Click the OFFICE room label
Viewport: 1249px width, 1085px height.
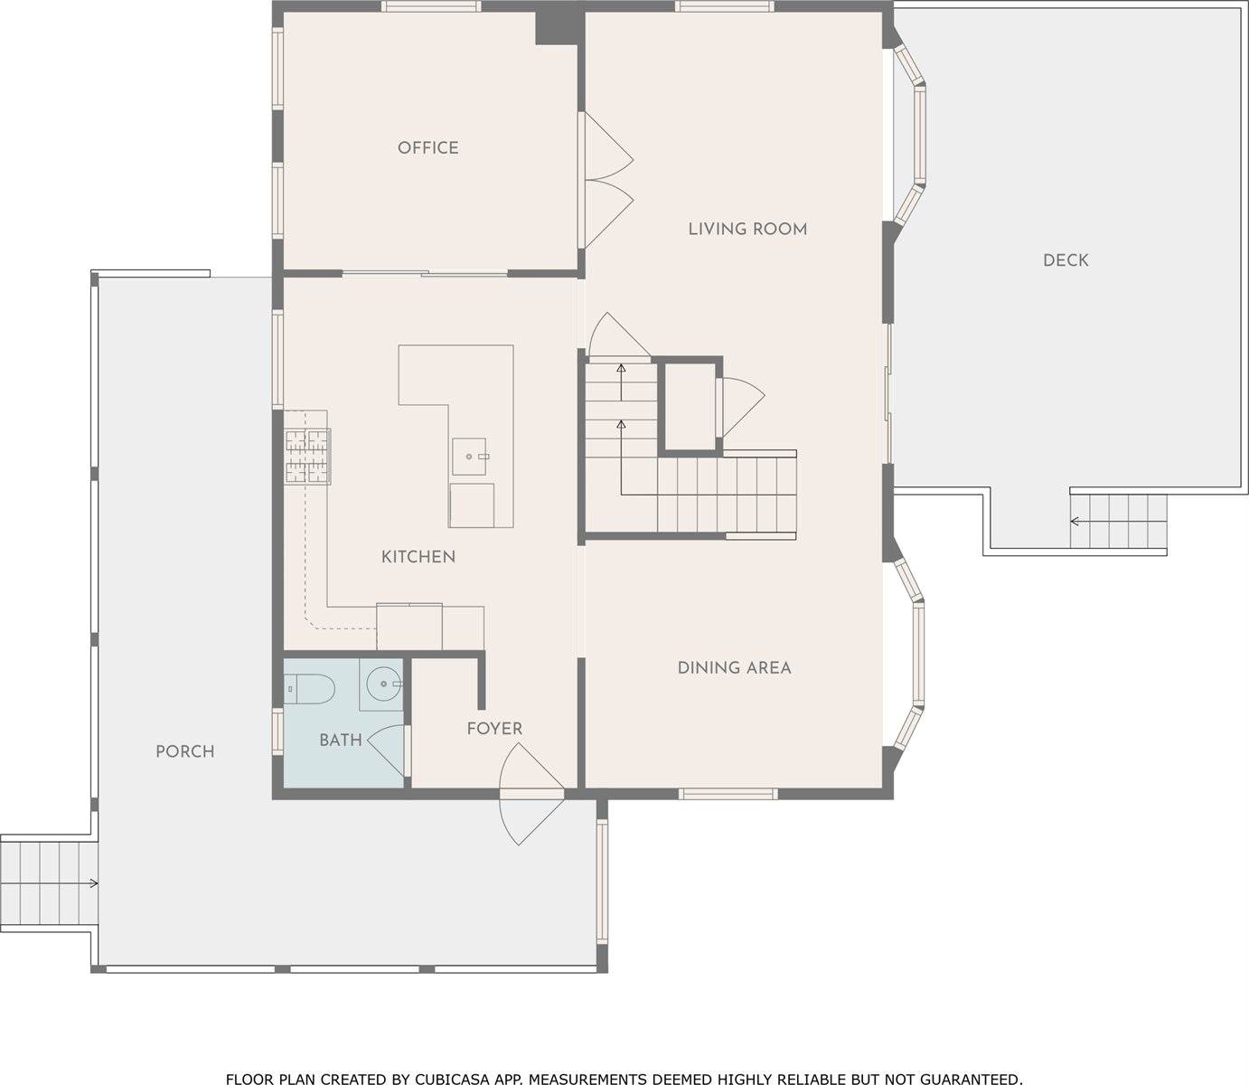click(x=427, y=147)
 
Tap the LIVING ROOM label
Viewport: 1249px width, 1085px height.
click(x=747, y=229)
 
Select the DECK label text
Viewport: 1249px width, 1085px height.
click(x=1066, y=260)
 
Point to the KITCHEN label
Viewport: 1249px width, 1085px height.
click(x=418, y=557)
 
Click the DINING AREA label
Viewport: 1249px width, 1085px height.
click(x=734, y=668)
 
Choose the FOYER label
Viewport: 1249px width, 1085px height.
click(x=494, y=729)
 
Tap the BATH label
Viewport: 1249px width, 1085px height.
click(x=340, y=741)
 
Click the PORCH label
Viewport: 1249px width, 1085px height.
click(x=184, y=751)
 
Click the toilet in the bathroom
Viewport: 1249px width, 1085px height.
click(x=310, y=690)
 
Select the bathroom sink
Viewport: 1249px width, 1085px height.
click(x=383, y=684)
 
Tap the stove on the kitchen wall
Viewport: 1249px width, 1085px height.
click(x=307, y=457)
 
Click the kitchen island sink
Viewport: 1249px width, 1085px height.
click(x=471, y=457)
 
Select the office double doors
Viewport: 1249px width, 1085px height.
click(x=606, y=181)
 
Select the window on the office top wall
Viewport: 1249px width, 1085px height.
click(x=430, y=6)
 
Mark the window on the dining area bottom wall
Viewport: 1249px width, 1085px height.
click(x=728, y=794)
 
